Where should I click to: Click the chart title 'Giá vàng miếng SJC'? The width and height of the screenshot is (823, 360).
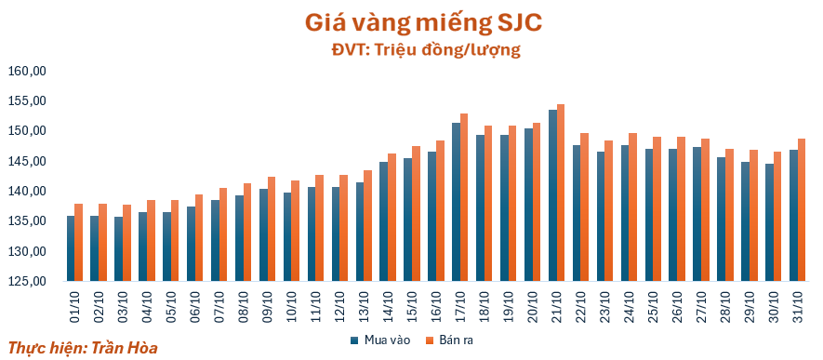[x=422, y=24]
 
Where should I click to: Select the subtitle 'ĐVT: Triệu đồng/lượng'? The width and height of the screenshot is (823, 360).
[x=426, y=50]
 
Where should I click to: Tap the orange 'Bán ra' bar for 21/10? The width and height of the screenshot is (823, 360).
[x=561, y=193]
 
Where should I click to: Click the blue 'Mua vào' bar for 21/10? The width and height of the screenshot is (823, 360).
[x=552, y=195]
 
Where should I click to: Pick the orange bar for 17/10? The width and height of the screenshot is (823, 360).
[x=464, y=197]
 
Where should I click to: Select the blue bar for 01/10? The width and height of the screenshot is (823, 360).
[x=71, y=248]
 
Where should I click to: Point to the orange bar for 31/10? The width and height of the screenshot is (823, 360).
[x=802, y=210]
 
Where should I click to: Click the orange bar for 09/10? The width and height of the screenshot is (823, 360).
[x=272, y=229]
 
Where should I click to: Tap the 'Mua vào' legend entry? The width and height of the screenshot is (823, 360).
[x=380, y=340]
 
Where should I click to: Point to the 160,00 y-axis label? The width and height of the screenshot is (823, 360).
[x=28, y=71]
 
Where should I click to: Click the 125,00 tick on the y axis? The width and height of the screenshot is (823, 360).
[x=28, y=281]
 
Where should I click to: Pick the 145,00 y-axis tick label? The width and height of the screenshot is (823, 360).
[x=28, y=161]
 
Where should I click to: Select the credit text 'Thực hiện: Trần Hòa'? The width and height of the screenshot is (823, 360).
[x=83, y=347]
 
